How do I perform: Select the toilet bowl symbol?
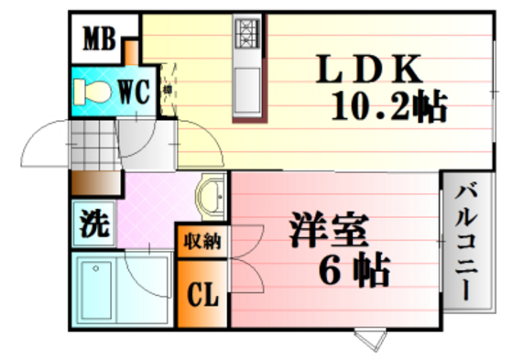[93, 90]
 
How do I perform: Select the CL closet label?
[202, 295]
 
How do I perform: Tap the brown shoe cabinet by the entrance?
[93, 183]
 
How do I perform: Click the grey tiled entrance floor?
[93, 147]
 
